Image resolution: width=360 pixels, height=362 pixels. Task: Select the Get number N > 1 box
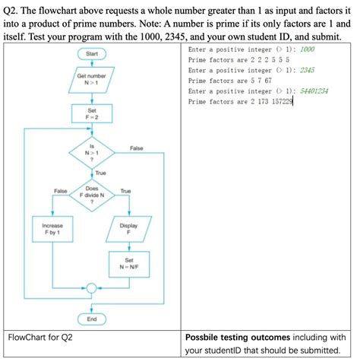coord(92,81)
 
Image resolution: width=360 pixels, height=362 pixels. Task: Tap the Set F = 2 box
coord(92,114)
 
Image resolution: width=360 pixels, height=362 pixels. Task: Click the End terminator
coord(92,319)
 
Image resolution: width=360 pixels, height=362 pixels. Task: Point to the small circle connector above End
coord(92,288)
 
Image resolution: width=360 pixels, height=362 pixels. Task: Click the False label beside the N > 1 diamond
coord(137,148)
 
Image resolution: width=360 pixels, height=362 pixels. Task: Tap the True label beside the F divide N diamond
coord(125,191)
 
